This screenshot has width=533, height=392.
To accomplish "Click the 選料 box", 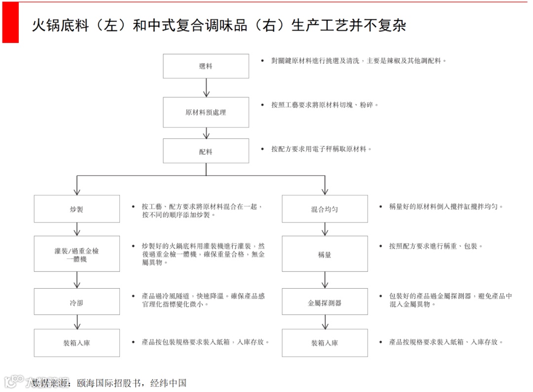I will (x=206, y=66).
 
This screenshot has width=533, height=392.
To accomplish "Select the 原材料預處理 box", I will (x=206, y=112).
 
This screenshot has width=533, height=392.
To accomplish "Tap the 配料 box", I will (x=206, y=151).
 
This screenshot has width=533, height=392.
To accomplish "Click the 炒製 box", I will (x=76, y=209).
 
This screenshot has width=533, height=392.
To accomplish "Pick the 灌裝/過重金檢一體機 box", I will (x=76, y=254).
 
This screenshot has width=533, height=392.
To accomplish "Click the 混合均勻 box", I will (x=325, y=209).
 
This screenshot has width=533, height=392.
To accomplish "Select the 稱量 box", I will (x=325, y=254).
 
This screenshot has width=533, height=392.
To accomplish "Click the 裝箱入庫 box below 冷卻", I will (x=76, y=343).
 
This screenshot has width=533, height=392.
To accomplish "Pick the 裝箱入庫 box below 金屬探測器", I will (x=325, y=343).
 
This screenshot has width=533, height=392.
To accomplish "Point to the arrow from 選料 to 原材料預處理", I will (x=206, y=87).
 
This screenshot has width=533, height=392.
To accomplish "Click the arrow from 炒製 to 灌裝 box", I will (x=76, y=229).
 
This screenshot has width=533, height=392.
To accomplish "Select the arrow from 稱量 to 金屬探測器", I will (x=325, y=280).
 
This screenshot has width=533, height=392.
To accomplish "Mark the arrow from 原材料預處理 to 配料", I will (x=206, y=133).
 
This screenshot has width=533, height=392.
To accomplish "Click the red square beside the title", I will (x=10, y=23).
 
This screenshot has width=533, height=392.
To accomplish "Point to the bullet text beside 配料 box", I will (x=321, y=149).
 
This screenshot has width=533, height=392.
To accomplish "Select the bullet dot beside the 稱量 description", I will (x=381, y=246).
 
